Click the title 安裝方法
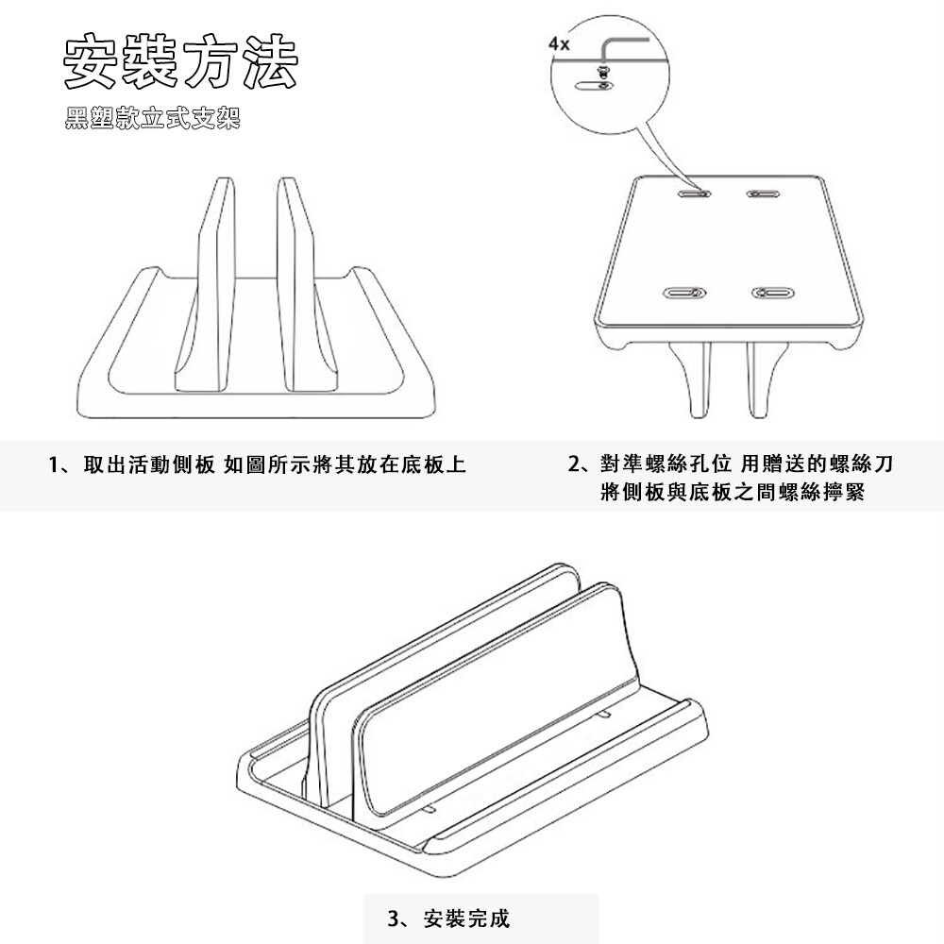click(x=180, y=61)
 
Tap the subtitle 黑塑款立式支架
click(x=153, y=118)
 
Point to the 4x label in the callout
click(x=559, y=44)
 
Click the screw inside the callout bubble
click(x=602, y=73)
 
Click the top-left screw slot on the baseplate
click(x=694, y=194)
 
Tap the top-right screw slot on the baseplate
click(x=764, y=194)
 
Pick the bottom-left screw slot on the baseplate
click(x=684, y=293)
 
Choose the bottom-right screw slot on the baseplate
click(x=773, y=293)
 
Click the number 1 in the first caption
click(x=53, y=464)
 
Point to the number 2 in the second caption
click(x=574, y=464)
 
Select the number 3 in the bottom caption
click(x=393, y=919)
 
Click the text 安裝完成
click(x=466, y=919)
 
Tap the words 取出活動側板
click(x=149, y=464)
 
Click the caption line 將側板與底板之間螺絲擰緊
click(x=733, y=493)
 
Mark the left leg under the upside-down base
click(x=691, y=379)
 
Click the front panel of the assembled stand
click(x=499, y=711)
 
